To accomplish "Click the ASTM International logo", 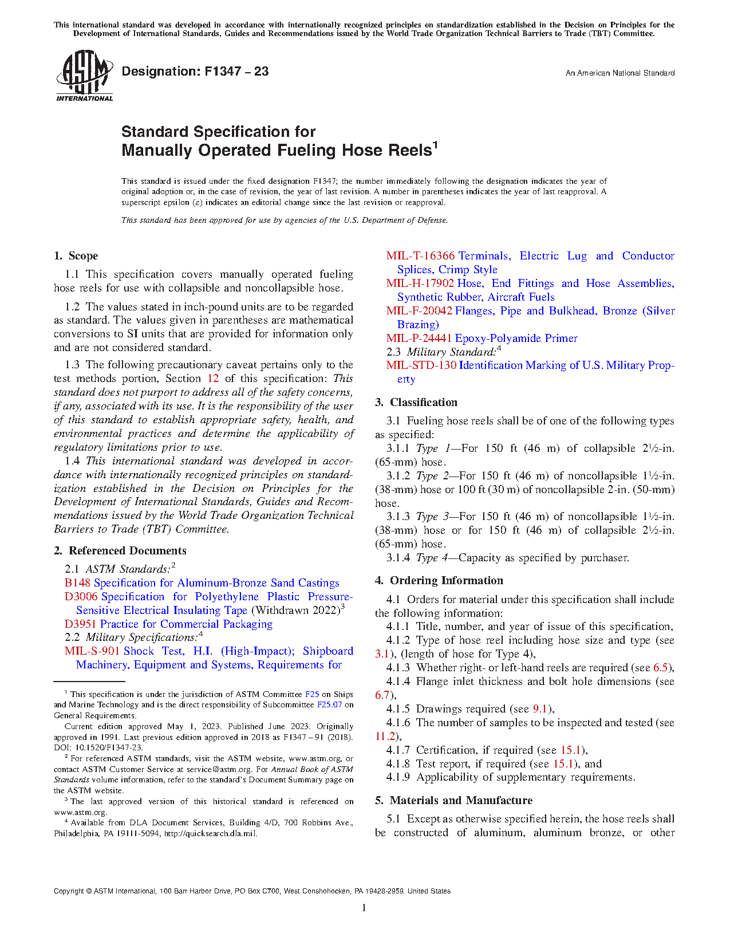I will pyautogui.click(x=84, y=76).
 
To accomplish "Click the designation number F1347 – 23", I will pyautogui.click(x=195, y=72).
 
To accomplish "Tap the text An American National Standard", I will pyautogui.click(x=619, y=73).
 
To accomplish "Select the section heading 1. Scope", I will pyautogui.click(x=76, y=256).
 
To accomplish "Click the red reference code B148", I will pyautogui.click(x=78, y=583).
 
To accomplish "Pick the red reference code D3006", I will pyautogui.click(x=81, y=597).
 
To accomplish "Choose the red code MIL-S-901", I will pyautogui.click(x=92, y=651).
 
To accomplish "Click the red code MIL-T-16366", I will pyautogui.click(x=420, y=256).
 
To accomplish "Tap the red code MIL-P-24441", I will pyautogui.click(x=419, y=338).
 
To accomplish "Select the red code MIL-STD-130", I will pyautogui.click(x=421, y=365).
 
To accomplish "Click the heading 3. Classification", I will pyautogui.click(x=416, y=403).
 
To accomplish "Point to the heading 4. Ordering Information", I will pyautogui.click(x=439, y=581).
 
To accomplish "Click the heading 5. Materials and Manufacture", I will pyautogui.click(x=453, y=801).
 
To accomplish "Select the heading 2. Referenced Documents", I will pyautogui.click(x=120, y=551).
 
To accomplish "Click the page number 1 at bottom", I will pyautogui.click(x=364, y=908).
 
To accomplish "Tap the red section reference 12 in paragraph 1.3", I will pyautogui.click(x=213, y=379).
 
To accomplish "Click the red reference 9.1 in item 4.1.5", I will pyautogui.click(x=540, y=709).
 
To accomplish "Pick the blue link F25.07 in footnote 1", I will pyautogui.click(x=329, y=705).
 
